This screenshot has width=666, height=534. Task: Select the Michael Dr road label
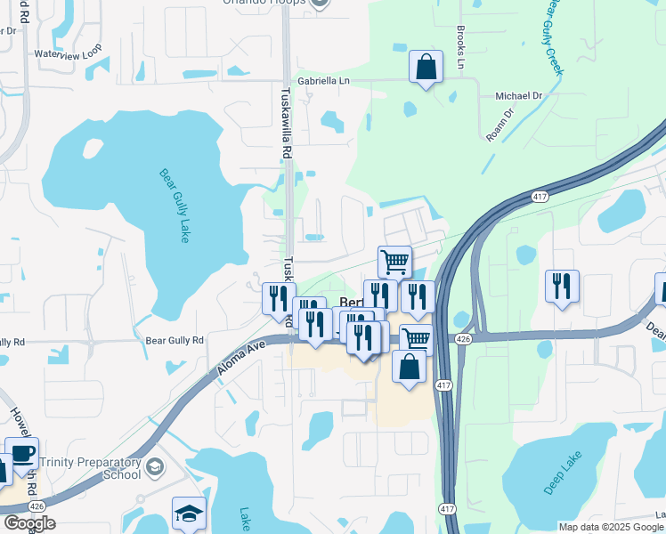518,95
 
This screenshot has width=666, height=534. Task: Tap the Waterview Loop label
68,53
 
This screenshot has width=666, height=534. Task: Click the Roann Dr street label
500,125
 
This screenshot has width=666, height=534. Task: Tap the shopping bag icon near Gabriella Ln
426,67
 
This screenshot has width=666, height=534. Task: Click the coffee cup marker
21,452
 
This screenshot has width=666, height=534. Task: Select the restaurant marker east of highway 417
562,287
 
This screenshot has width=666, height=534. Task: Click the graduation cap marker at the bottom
189,513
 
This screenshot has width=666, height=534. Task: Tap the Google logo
29,523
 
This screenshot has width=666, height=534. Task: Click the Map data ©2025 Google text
611,527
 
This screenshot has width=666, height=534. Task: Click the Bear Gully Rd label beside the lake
175,340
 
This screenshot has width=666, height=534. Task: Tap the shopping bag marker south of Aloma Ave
408,368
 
